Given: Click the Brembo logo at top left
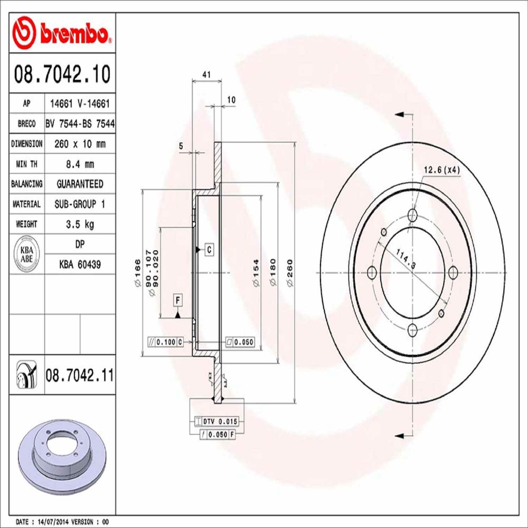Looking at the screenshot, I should [62, 33].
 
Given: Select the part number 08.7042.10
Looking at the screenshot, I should [62, 74].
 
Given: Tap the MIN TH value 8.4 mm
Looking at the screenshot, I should [80, 164].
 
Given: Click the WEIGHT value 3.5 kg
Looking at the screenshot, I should [80, 224].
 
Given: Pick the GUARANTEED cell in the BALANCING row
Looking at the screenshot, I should [80, 184].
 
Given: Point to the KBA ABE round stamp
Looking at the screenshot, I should [27, 254].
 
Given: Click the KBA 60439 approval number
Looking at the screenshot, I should [80, 264].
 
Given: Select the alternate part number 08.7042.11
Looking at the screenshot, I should [80, 375].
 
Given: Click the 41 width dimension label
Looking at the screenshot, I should [207, 75].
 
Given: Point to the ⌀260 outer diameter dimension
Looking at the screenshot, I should [290, 273].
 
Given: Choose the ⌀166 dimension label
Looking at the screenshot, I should [137, 273].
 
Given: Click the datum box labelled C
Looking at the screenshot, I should [209, 250].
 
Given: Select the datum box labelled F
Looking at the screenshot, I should [178, 300].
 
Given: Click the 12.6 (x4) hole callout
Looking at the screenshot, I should [441, 170].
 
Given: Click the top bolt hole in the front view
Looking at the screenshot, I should [412, 214].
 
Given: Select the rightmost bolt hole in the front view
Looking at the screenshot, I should [453, 272].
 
